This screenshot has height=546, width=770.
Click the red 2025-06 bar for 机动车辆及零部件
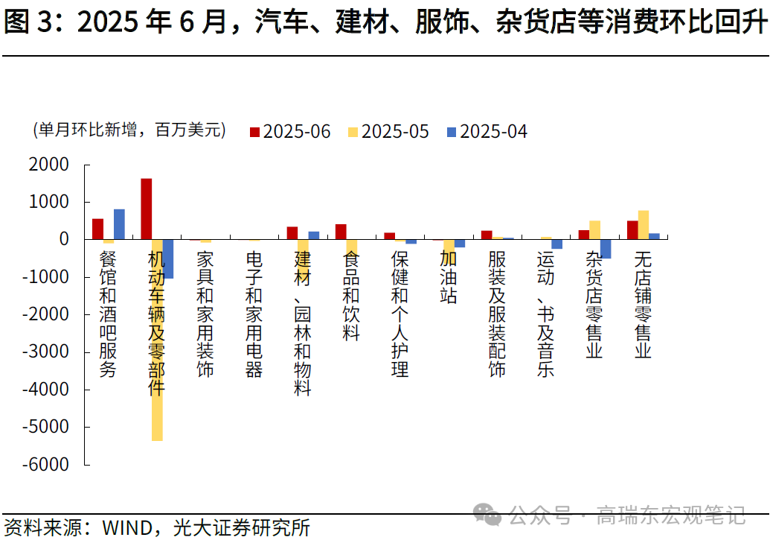tap(147, 209)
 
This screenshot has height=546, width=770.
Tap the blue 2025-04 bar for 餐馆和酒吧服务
tap(119, 224)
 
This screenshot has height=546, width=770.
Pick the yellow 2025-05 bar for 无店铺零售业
tap(643, 225)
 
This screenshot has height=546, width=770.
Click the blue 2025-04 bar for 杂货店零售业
tap(606, 249)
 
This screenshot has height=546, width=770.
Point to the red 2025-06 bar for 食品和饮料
tap(341, 232)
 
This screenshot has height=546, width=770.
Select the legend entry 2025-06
tap(289, 132)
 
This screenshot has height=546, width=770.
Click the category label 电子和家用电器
tap(254, 314)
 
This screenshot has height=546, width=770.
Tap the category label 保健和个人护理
tap(400, 314)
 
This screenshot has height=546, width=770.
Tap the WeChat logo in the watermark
tap(489, 513)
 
